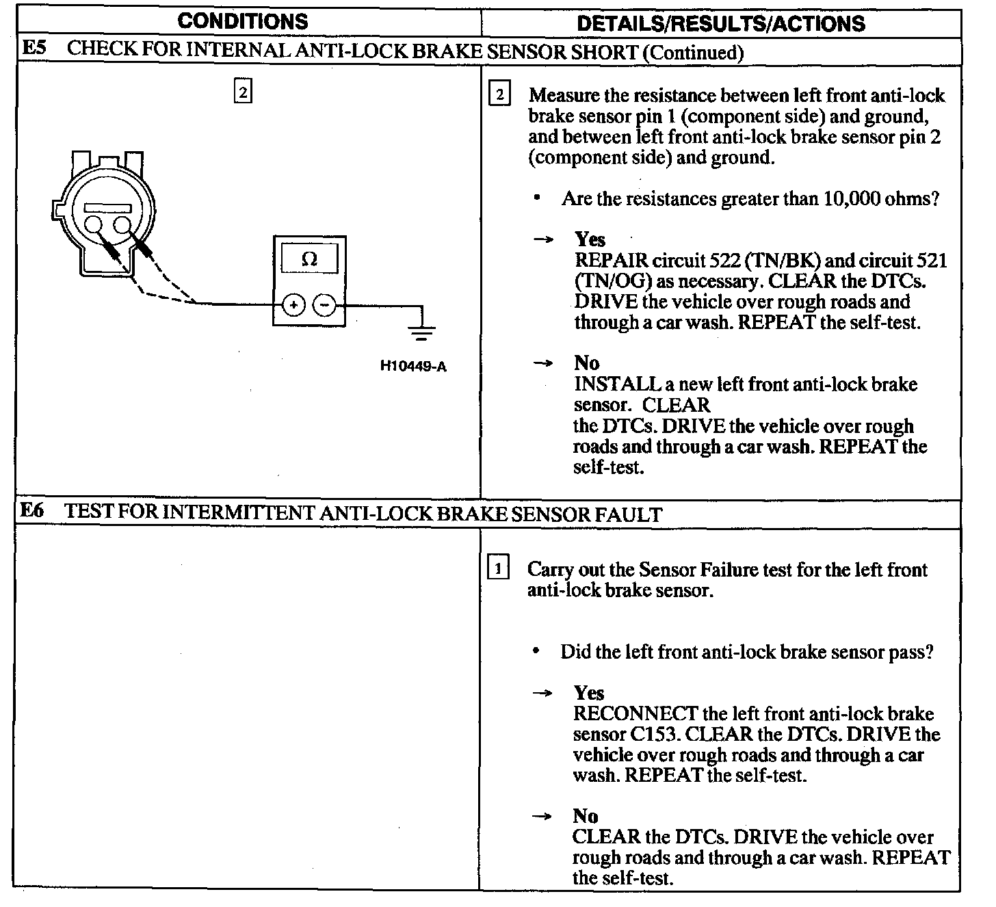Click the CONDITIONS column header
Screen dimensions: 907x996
tap(242, 21)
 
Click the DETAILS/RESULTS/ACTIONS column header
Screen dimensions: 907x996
tap(721, 24)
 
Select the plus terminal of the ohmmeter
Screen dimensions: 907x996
tap(293, 306)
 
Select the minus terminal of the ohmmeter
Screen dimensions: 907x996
tap(325, 306)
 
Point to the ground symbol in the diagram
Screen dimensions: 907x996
tap(421, 332)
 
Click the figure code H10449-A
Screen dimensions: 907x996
tap(413, 367)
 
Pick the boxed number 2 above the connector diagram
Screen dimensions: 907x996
tap(243, 91)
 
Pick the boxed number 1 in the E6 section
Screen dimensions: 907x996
tap(498, 568)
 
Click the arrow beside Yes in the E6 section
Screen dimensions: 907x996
tap(542, 694)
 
